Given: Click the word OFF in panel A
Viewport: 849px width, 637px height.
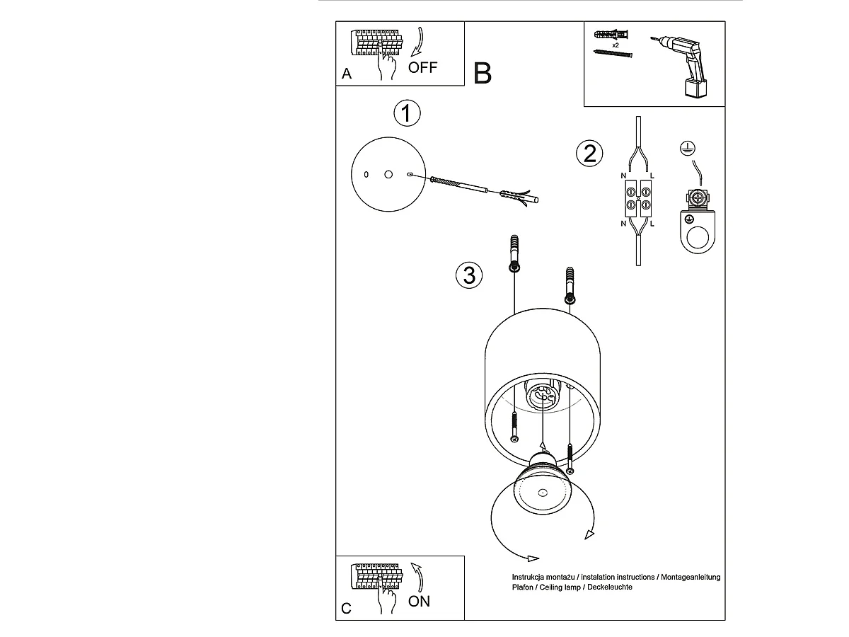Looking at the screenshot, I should coord(423,68).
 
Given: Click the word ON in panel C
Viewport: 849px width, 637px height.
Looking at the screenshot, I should coord(420,601).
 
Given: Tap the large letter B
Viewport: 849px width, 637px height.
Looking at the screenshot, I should coord(483,73).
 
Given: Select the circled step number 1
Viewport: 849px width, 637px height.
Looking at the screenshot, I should coord(407,114).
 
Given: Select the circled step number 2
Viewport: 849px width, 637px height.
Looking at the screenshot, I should coord(590,153).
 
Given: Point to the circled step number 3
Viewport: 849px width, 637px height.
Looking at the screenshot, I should coord(469,274).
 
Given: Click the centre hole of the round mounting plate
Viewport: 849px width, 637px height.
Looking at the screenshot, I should coord(388,173).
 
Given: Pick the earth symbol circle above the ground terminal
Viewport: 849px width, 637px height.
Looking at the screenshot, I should coord(686,149).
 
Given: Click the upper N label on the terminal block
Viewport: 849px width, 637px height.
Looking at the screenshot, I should coord(623,175).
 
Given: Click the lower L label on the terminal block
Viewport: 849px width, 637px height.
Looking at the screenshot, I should coord(652,224).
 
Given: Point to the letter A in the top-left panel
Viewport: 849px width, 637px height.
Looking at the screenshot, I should coord(346,74).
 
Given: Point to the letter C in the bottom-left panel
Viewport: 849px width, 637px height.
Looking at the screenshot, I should coord(346,608).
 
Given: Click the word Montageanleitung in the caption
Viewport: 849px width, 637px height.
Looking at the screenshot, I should coord(690,578).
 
